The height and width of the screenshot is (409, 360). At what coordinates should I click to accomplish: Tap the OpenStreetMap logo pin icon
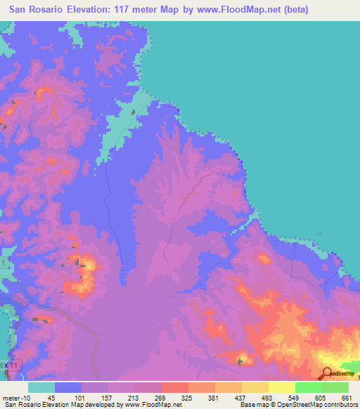coord(327,373)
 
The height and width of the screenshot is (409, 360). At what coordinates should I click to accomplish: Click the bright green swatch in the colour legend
coord(308,387)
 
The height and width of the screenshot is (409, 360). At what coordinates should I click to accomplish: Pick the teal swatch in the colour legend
coord(41,387)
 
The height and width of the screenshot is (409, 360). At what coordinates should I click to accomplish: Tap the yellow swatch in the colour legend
coord(281,387)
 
